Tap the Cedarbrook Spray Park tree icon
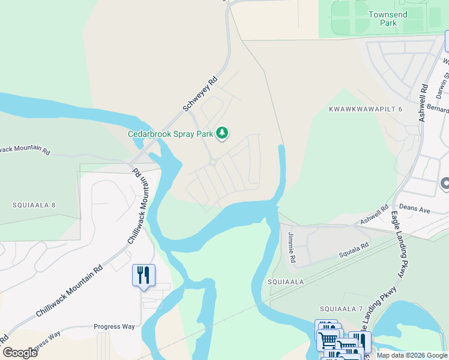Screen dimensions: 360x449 coord(223,133)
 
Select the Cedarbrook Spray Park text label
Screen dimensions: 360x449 coord(170,134)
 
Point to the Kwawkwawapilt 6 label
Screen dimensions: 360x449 coord(366,109)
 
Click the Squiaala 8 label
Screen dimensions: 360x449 coord(34,205)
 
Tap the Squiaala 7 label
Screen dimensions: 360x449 coord(341,308)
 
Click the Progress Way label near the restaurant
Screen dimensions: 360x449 coord(114,327)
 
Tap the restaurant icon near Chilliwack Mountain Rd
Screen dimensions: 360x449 coord(143,275)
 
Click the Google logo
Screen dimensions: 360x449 coord(20,352)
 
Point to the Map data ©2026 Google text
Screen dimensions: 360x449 coord(411,355)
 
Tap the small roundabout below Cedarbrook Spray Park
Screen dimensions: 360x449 coord(212,162)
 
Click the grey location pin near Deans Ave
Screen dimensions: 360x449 coord(445,184)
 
